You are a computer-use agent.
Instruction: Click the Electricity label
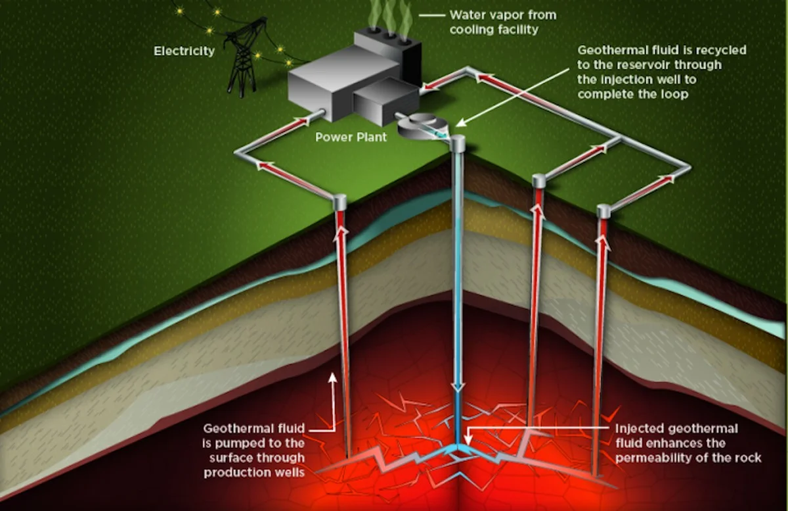point(184,51)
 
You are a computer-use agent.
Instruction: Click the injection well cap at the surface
point(456,142)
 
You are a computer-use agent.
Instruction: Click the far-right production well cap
point(603,210)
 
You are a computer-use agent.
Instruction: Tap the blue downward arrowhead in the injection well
point(458,387)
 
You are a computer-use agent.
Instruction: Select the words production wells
point(254,472)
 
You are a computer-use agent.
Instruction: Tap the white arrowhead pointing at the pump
point(460,122)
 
